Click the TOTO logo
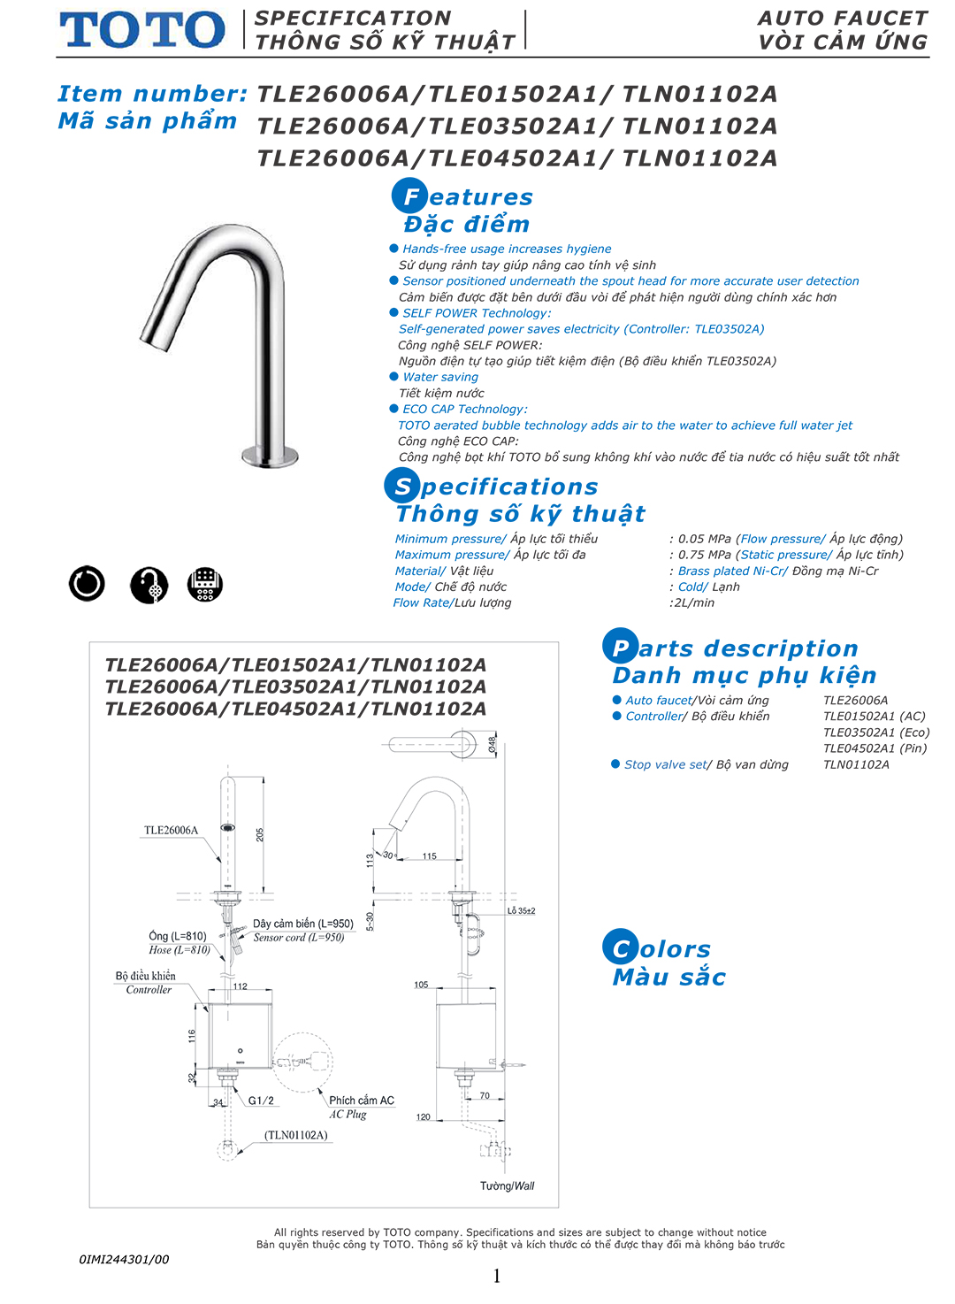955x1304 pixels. pyautogui.click(x=142, y=30)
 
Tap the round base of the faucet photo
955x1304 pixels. pyautogui.click(x=270, y=456)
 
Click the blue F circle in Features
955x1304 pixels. pyautogui.click(x=409, y=196)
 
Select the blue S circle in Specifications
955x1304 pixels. pyautogui.click(x=402, y=486)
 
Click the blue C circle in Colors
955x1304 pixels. pyautogui.click(x=621, y=948)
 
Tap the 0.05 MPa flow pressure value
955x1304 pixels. pyautogui.click(x=705, y=539)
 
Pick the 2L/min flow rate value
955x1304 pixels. pyautogui.click(x=694, y=602)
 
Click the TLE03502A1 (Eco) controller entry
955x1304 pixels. pyautogui.click(x=875, y=733)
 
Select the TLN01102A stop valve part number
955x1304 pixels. pyautogui.click(x=856, y=764)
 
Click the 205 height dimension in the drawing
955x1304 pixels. pyautogui.click(x=260, y=834)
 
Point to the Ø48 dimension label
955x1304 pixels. pyautogui.click(x=492, y=744)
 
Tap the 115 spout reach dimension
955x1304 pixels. pyautogui.click(x=430, y=856)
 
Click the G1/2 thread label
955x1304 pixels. pyautogui.click(x=261, y=1101)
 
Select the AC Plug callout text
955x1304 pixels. pyautogui.click(x=348, y=1115)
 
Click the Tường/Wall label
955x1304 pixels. pyautogui.click(x=508, y=1186)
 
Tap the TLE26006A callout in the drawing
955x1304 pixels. pyautogui.click(x=172, y=831)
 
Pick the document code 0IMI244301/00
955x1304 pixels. pyautogui.click(x=124, y=1259)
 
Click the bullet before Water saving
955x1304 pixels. pyautogui.click(x=394, y=377)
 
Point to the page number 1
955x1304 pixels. pyautogui.click(x=497, y=1276)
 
